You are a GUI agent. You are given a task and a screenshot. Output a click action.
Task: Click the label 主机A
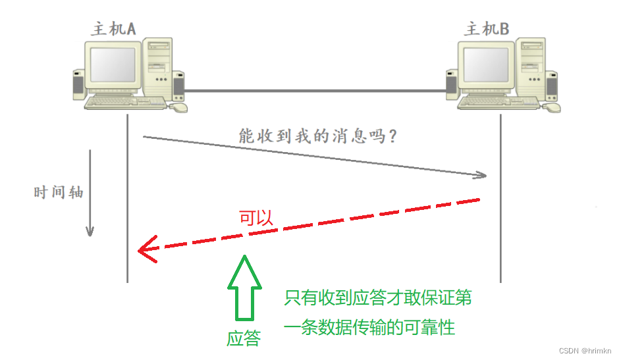click(x=113, y=28)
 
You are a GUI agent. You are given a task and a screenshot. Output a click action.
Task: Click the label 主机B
click(x=487, y=28)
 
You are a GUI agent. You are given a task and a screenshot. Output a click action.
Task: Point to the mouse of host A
click(x=178, y=107)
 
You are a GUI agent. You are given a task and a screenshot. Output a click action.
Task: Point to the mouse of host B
click(x=552, y=107)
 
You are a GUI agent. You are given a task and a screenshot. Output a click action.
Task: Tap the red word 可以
click(x=255, y=219)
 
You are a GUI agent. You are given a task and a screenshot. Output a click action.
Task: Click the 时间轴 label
click(x=58, y=193)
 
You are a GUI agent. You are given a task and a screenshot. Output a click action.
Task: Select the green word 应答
click(x=244, y=339)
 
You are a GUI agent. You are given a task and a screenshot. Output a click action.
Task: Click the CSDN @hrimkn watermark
click(x=584, y=351)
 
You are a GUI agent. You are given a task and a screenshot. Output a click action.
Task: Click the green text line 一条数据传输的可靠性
click(x=369, y=327)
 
